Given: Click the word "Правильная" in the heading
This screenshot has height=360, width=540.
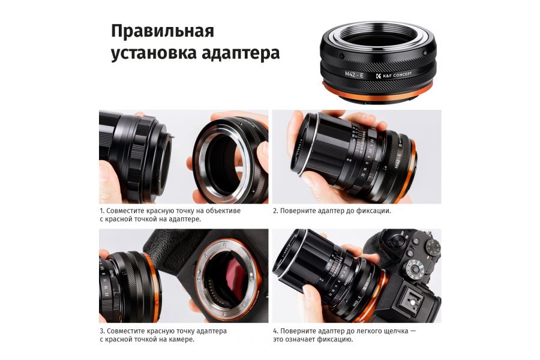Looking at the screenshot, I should (x=162, y=31).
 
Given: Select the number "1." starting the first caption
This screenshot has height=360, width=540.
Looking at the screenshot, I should (x=103, y=211).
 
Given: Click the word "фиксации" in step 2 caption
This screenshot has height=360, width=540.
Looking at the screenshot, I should (x=370, y=211).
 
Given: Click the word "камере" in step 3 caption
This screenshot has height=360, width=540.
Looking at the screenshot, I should (x=178, y=339).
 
